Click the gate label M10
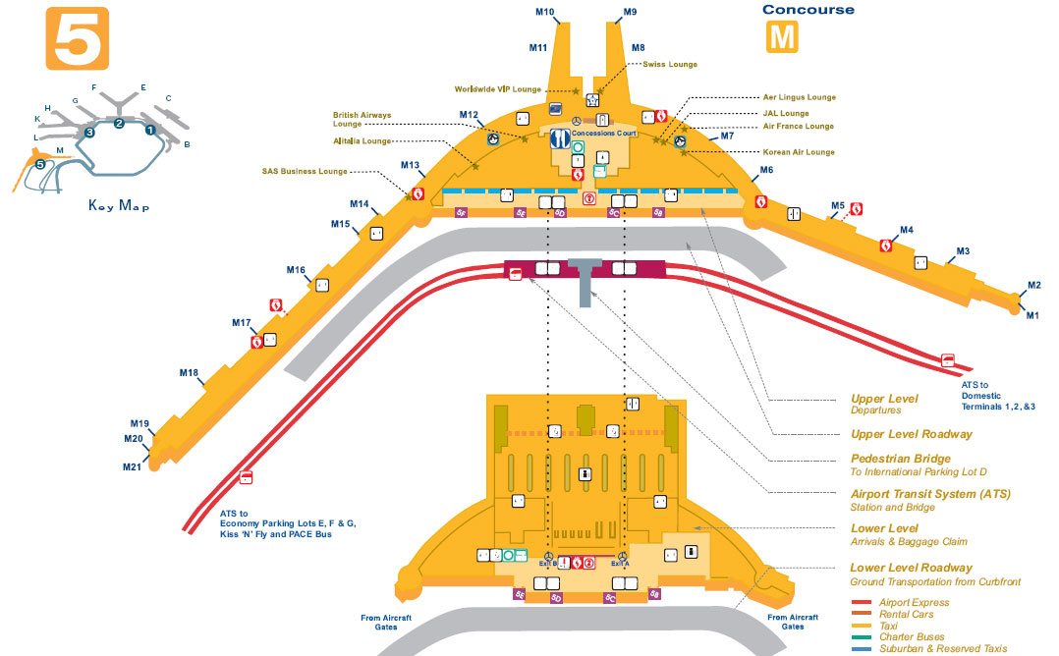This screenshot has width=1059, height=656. coord(545,13)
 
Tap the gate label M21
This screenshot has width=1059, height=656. coord(133,466)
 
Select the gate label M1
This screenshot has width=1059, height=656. coord(1032,315)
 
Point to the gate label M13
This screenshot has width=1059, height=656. coord(411,165)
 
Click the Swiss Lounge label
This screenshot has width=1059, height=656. coord(670,65)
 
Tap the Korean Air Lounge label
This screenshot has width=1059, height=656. coord(799,152)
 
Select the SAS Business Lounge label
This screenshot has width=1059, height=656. coord(305,171)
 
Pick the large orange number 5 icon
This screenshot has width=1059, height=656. coord(77,39)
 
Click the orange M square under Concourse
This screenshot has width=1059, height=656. coord(782,37)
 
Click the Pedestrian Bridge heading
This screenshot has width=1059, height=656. coord(900,459)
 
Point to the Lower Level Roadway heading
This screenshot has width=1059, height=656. coord(911,568)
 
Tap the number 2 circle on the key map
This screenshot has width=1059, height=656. coord(119,123)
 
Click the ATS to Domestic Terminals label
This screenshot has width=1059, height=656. coord(998,395)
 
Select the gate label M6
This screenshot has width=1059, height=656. coord(765,170)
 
